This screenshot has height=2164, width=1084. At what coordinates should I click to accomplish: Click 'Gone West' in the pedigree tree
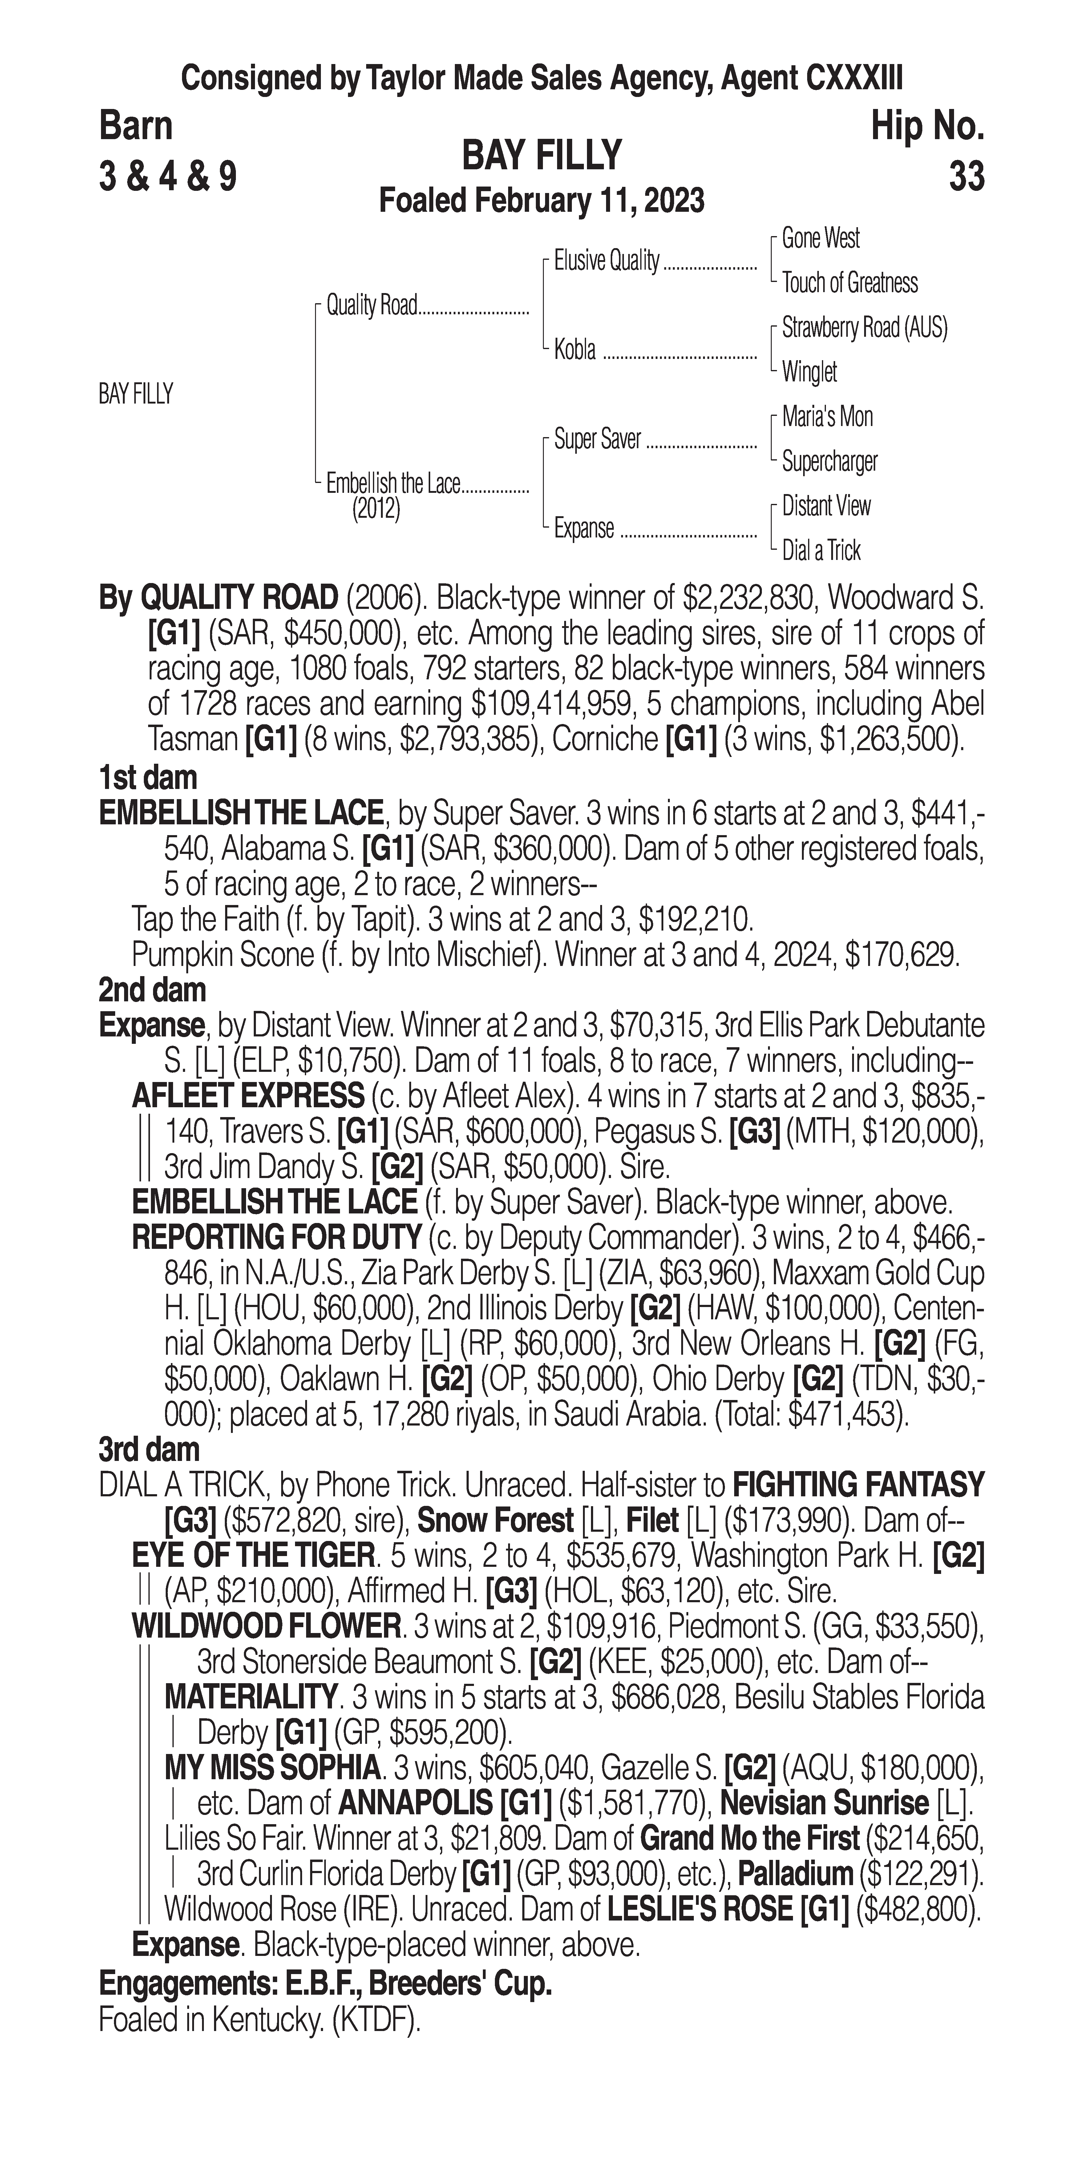point(820,239)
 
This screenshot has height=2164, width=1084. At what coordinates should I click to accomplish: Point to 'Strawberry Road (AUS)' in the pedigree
point(864,328)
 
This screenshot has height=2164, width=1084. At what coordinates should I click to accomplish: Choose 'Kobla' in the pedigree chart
point(575,349)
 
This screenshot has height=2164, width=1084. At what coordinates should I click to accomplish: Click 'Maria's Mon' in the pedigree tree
point(827,417)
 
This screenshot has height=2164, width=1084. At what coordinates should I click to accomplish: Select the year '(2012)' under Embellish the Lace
point(376,509)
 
